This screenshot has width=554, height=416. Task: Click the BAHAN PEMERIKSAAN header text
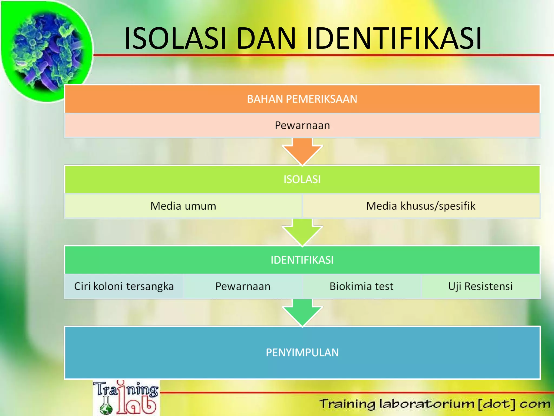[302, 99]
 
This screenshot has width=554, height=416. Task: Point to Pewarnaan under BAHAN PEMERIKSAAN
[302, 126]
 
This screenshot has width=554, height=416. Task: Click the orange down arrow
[302, 152]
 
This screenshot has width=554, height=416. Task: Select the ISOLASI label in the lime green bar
[302, 179]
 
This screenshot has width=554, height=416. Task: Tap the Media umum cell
[183, 206]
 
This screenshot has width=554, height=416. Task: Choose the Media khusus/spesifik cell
[421, 206]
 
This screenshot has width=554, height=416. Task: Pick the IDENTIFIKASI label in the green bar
[302, 260]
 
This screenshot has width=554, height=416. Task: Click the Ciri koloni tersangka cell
[124, 287]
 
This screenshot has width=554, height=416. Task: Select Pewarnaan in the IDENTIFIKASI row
[243, 287]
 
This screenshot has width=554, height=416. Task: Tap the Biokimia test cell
[361, 287]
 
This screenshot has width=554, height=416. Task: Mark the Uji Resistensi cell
[480, 287]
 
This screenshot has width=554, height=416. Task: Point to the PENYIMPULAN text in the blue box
[302, 353]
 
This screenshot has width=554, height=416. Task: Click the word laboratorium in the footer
[427, 404]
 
